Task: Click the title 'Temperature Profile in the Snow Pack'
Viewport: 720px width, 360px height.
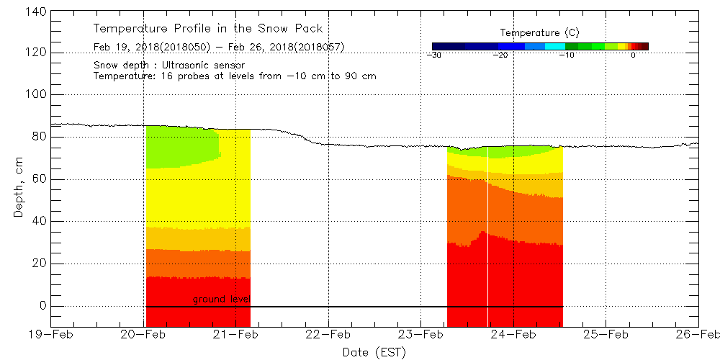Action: coord(208,29)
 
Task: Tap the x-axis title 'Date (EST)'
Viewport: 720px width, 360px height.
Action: coord(374,352)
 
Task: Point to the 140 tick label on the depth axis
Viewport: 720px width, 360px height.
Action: coord(35,11)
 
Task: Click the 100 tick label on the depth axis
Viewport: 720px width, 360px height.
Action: coord(35,95)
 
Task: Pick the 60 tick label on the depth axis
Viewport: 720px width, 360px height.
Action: coord(38,179)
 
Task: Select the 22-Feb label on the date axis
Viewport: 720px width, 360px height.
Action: coord(329,334)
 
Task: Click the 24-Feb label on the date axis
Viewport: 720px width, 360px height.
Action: coord(513,334)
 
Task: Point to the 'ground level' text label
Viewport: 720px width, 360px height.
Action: coord(221,300)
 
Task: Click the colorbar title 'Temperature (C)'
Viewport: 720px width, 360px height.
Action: coord(539,33)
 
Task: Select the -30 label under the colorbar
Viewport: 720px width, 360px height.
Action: coord(433,55)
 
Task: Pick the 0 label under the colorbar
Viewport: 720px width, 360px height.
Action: coord(632,55)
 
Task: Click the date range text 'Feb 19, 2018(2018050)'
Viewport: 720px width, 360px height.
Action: coord(149,48)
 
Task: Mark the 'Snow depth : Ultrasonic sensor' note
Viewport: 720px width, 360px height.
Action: coord(169,66)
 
